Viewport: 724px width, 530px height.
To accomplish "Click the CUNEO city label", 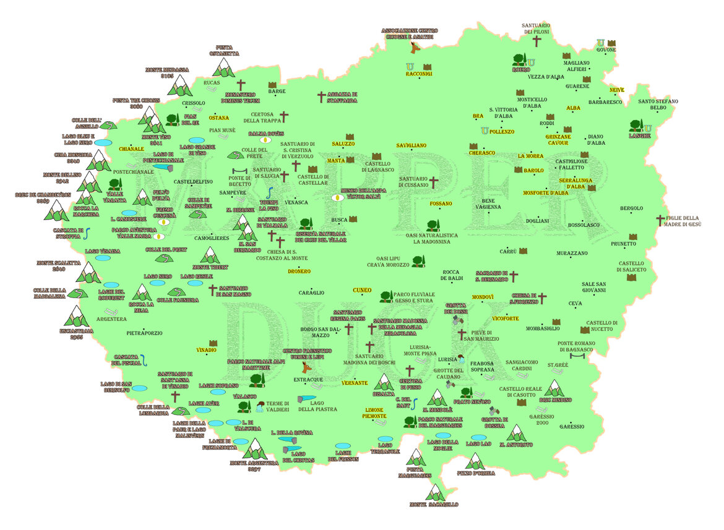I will [362, 290].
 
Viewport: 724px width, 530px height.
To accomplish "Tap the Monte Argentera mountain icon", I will [254, 450].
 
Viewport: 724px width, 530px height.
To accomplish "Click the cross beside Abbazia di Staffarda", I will [321, 97].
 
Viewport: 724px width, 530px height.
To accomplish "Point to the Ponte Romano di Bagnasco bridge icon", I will [576, 357].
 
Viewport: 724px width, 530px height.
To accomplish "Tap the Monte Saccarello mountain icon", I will [436, 493].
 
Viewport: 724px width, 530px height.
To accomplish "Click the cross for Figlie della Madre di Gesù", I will [660, 220].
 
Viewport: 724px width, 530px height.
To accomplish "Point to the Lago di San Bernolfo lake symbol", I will [140, 388].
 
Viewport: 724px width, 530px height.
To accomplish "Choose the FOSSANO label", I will [441, 203].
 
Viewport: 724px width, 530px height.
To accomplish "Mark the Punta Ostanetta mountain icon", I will [223, 68].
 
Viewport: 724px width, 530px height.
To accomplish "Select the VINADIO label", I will [206, 351].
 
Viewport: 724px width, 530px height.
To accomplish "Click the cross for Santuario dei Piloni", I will [537, 41].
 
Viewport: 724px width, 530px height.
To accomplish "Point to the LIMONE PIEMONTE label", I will [374, 414].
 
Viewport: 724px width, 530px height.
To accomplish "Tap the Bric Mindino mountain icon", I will [554, 388].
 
